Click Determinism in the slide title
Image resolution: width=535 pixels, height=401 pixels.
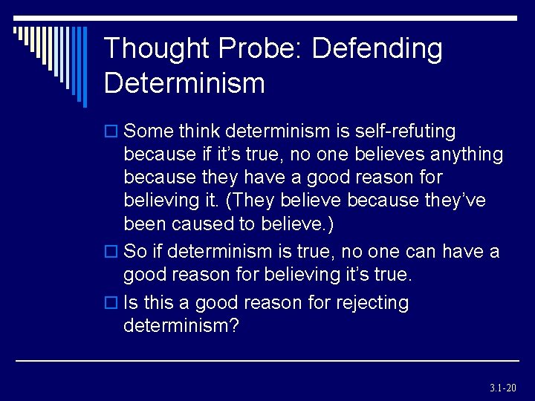[x=184, y=83]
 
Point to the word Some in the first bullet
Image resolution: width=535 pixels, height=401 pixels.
[x=146, y=131]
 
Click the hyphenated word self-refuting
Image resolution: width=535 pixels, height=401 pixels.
[x=402, y=131]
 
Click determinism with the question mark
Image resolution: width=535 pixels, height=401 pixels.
[x=181, y=326]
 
